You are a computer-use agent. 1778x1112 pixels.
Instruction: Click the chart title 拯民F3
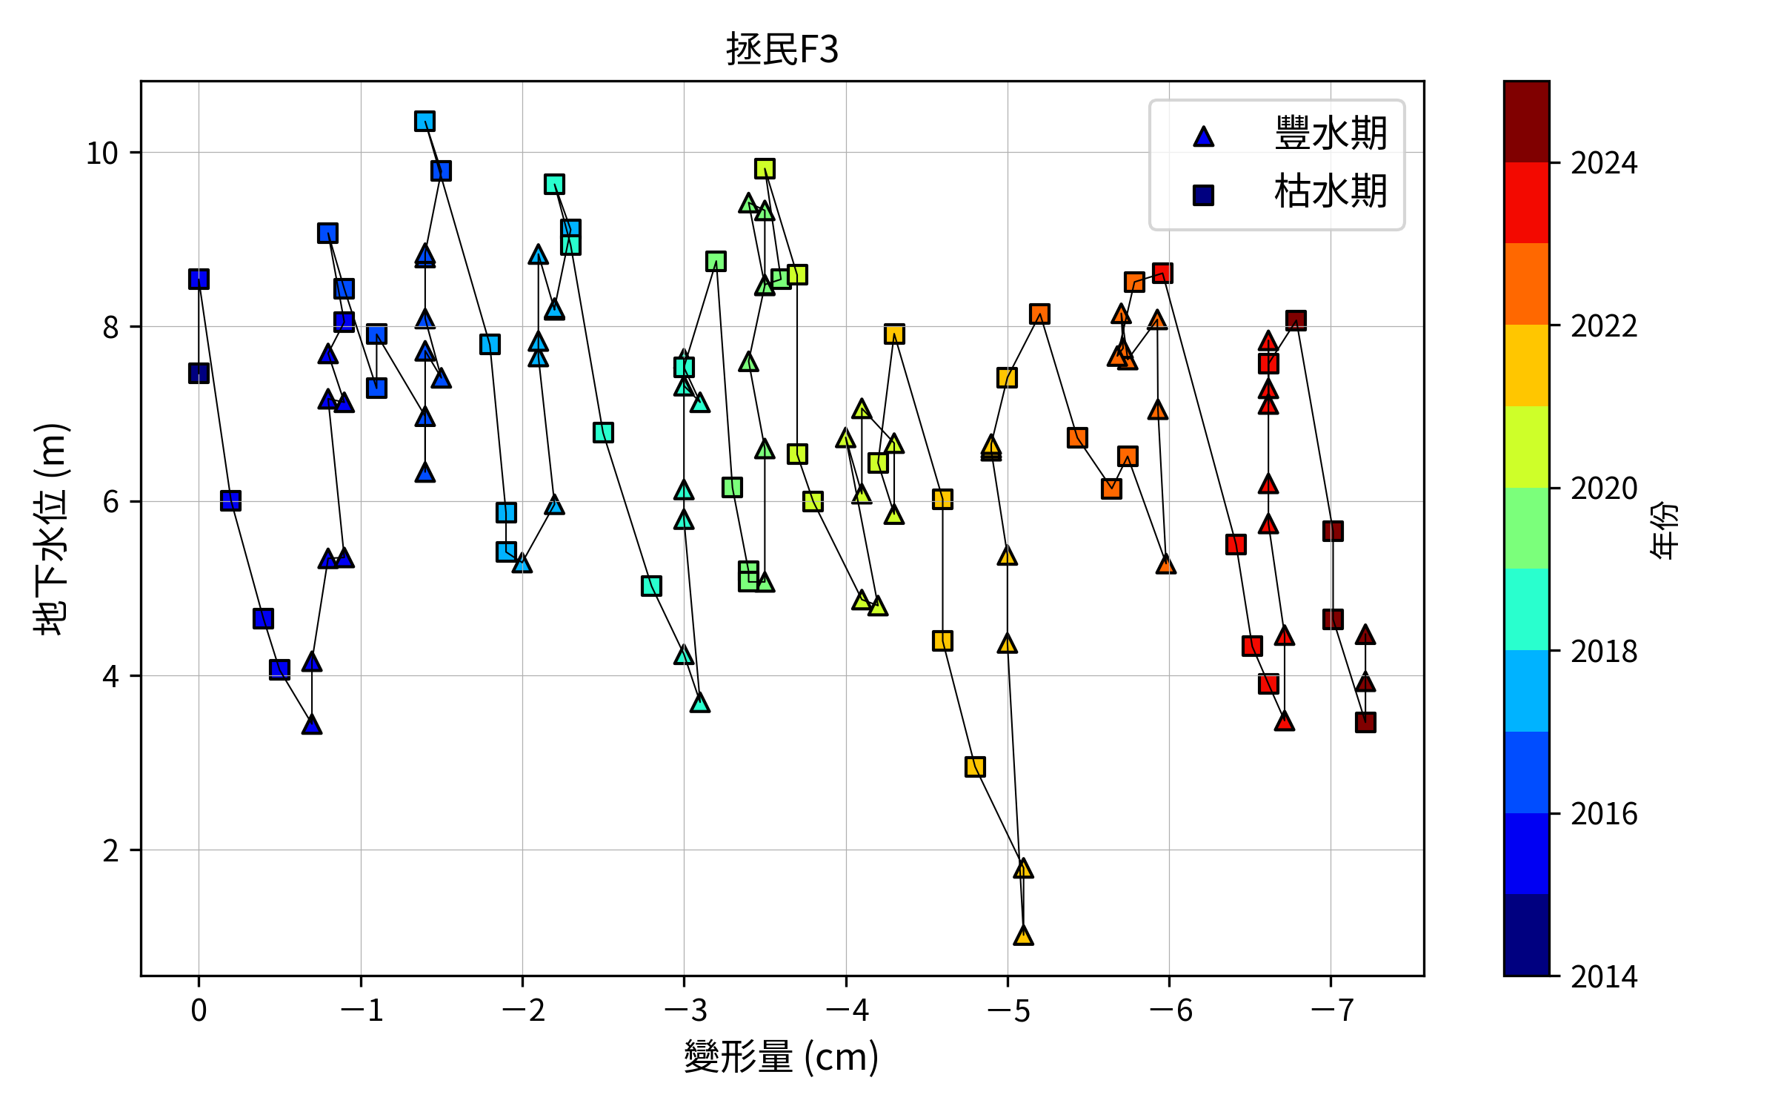click(782, 50)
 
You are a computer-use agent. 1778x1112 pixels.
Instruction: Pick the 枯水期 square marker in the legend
click(1203, 195)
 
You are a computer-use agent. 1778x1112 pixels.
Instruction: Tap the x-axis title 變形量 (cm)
click(782, 1056)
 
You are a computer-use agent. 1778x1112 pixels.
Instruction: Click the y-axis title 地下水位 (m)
click(52, 529)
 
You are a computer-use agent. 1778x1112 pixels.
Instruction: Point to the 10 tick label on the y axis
click(102, 153)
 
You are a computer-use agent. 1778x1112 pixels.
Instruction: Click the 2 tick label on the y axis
click(110, 850)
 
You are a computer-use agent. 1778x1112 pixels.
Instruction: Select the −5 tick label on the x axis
click(1008, 1010)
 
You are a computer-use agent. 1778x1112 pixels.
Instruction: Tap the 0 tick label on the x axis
click(199, 1010)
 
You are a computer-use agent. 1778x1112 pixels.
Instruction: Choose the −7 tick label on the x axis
click(1331, 1010)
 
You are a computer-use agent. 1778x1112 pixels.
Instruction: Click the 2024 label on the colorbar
click(1604, 163)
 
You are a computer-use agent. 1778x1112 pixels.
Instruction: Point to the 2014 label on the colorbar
click(1604, 976)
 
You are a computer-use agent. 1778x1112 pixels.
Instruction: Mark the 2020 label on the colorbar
click(1604, 489)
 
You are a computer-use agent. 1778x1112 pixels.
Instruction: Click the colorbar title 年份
click(1664, 529)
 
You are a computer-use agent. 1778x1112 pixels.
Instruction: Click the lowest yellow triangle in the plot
click(1023, 936)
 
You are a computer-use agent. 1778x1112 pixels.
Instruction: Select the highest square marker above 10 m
click(424, 122)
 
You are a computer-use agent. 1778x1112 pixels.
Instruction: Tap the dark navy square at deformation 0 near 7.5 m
click(199, 373)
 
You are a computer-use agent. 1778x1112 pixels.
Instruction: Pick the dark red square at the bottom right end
click(1365, 722)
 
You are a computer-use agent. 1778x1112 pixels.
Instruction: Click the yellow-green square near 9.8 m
click(765, 168)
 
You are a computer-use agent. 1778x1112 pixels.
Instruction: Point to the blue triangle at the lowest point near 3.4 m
click(312, 724)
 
